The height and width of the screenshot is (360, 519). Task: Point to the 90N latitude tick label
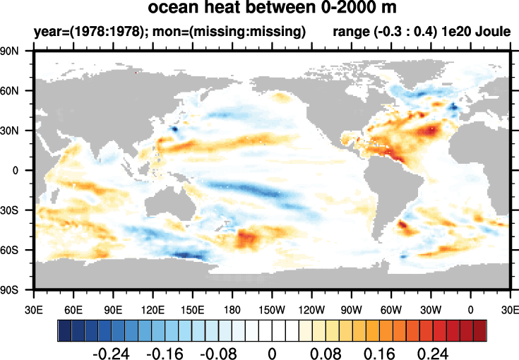[17, 51]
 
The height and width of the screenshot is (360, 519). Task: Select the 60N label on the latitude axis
[17, 91]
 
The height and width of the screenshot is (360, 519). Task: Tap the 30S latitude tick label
[17, 210]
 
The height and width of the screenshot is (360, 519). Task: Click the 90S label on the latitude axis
[17, 289]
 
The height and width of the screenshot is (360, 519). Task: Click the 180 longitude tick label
[232, 308]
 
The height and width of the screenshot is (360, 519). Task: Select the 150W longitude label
[272, 308]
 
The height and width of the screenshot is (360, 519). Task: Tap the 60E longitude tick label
[73, 308]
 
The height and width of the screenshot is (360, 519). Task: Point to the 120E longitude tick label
[153, 308]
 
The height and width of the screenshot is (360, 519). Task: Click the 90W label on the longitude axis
[351, 308]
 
